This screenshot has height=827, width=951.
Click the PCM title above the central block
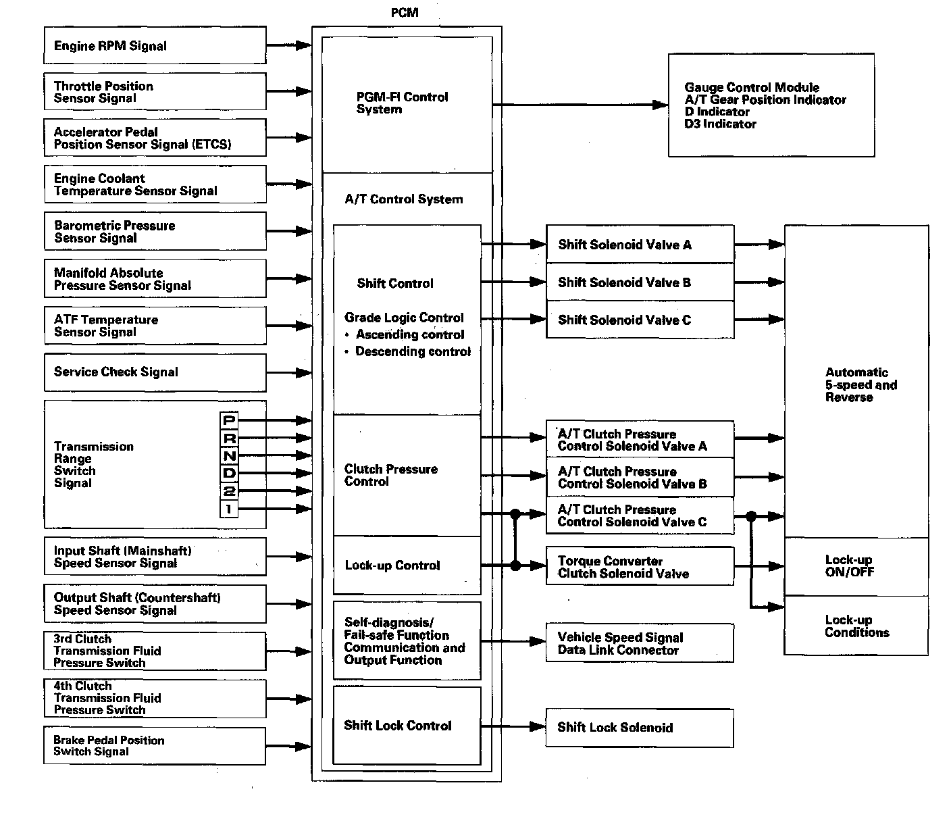click(x=405, y=13)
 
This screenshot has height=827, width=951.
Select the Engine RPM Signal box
click(x=155, y=46)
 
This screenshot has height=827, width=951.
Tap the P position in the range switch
click(x=229, y=420)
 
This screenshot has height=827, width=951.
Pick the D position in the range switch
click(x=229, y=473)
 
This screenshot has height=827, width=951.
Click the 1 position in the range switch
click(x=229, y=508)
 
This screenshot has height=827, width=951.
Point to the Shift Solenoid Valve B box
click(x=640, y=282)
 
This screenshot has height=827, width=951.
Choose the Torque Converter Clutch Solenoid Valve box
click(x=640, y=567)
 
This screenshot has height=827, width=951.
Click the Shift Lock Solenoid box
click(x=640, y=728)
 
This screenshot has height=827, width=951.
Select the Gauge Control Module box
click(x=771, y=105)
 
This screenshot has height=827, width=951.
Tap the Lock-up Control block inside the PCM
click(x=407, y=566)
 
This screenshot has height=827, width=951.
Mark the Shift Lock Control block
click(x=407, y=726)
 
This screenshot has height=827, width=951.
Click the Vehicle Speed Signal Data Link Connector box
click(x=640, y=643)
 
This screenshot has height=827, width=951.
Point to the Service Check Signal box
click(x=155, y=372)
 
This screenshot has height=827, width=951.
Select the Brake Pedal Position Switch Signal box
click(x=155, y=746)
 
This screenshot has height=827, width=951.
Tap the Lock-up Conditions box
click(x=856, y=626)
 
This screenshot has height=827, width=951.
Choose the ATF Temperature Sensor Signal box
click(x=155, y=326)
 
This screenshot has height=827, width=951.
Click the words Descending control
click(x=413, y=351)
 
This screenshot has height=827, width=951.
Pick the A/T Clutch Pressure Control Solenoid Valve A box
click(x=640, y=440)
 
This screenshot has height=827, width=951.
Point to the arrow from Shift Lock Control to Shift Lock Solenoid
click(x=513, y=726)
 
